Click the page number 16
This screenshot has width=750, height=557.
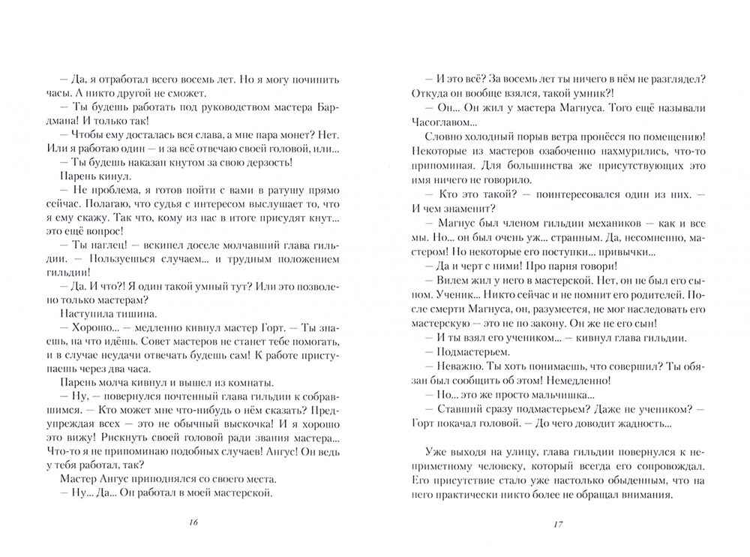193,523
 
